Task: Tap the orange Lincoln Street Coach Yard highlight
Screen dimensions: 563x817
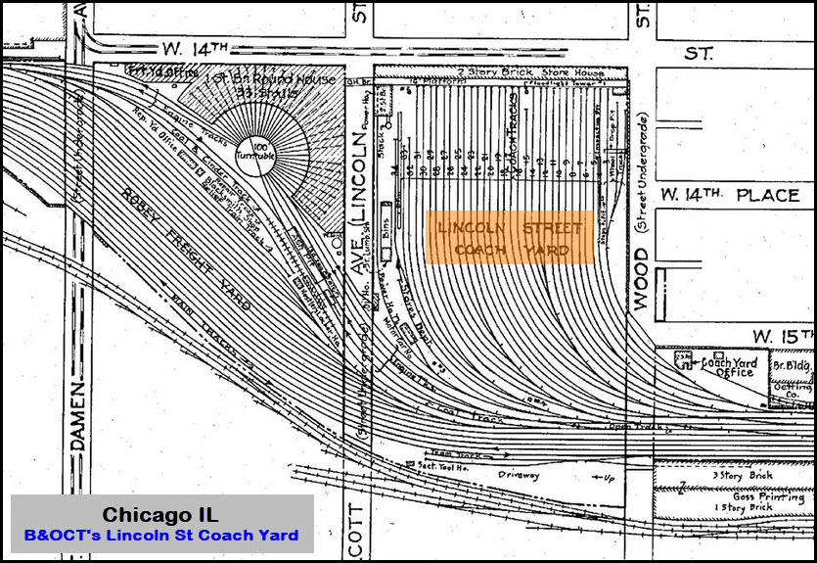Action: tap(509, 238)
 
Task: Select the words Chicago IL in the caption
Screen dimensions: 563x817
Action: tap(161, 515)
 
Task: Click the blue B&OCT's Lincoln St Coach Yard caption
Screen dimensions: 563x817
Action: tap(161, 536)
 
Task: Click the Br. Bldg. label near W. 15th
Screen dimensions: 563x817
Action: tap(784, 364)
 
